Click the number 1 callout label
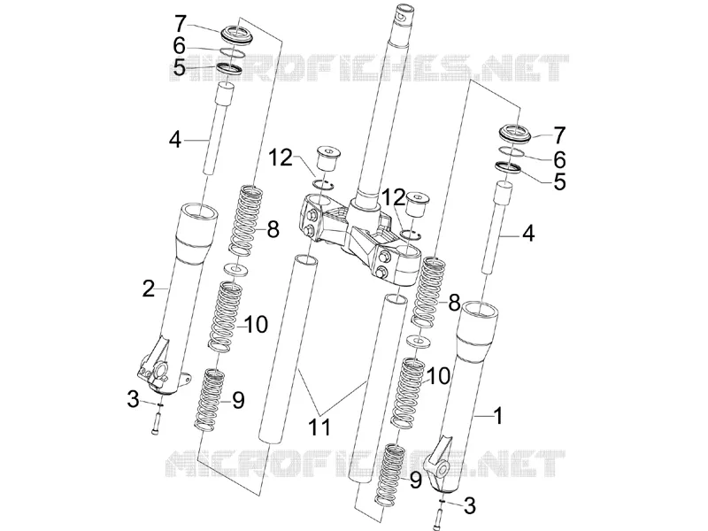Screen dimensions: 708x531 [498, 416]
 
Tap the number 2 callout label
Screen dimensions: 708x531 [149, 289]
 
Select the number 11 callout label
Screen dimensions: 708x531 [319, 427]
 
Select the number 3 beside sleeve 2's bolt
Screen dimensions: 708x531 [133, 399]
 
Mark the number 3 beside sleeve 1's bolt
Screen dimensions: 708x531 [470, 505]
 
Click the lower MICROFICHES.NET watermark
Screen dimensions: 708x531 [365, 464]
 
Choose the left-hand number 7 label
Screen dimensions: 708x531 [181, 24]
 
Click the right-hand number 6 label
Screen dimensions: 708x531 [559, 159]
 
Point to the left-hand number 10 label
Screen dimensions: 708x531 [256, 324]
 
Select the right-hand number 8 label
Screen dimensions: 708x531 [454, 304]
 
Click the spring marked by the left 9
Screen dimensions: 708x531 [209, 399]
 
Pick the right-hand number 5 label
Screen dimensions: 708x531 [559, 181]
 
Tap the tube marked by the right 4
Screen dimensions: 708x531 [497, 227]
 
